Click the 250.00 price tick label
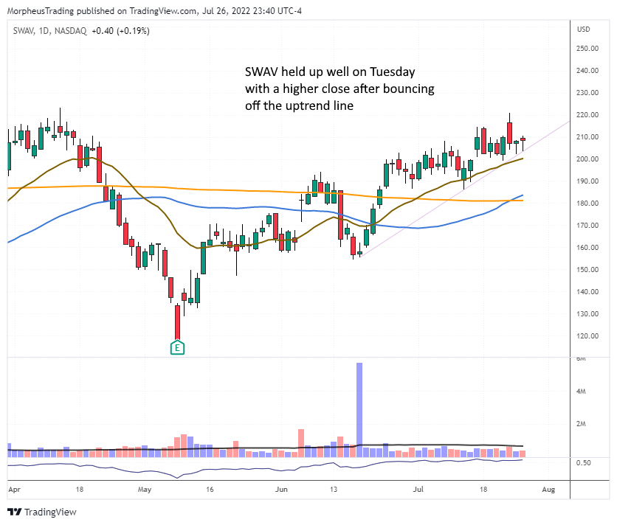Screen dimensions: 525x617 tap(588, 49)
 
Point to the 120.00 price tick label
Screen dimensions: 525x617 tap(588, 336)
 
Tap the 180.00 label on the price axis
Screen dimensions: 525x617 tap(588, 204)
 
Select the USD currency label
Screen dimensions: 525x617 tap(584, 30)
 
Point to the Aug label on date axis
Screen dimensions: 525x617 tap(548, 488)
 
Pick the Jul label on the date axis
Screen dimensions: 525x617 tap(418, 488)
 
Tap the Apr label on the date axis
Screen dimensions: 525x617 tap(13, 488)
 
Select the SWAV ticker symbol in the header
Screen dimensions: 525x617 tap(22, 30)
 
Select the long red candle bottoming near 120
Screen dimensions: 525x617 tap(178, 322)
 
